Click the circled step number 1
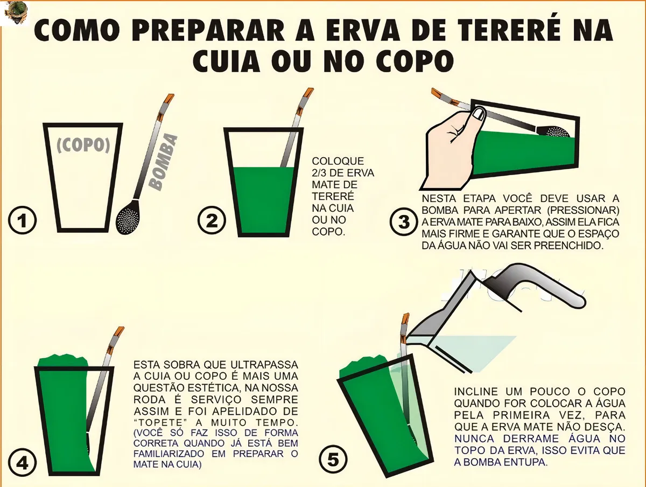click(23, 220)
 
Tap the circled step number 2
click(212, 220)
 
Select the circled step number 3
click(404, 221)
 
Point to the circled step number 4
click(23, 463)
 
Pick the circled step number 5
click(333, 460)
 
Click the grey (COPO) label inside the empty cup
click(83, 145)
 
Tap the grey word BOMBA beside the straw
click(163, 162)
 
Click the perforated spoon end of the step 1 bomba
click(128, 217)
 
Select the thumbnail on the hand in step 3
click(479, 114)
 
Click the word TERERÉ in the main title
click(500, 31)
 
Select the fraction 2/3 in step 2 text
click(320, 173)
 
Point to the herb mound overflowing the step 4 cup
click(63, 361)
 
